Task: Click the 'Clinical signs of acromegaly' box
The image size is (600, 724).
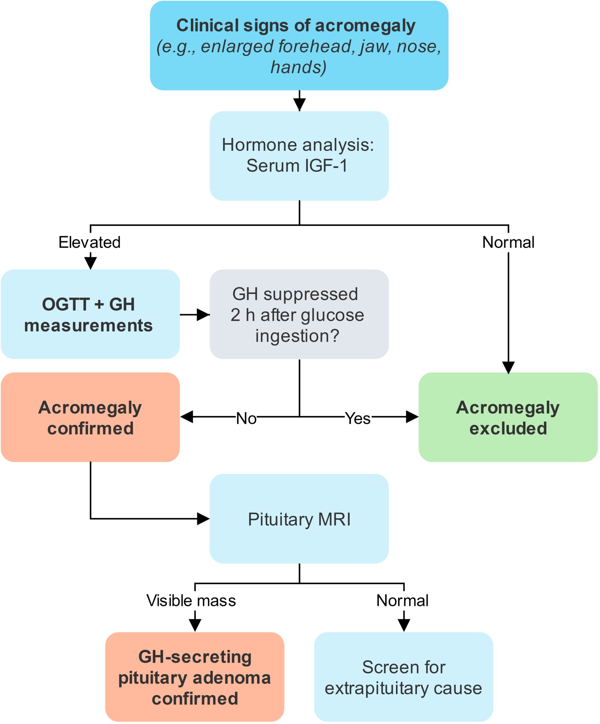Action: point(299,46)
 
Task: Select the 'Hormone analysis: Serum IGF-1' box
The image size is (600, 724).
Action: point(299,156)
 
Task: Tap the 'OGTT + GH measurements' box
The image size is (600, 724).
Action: point(90,314)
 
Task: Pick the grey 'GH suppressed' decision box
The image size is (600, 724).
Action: point(299,314)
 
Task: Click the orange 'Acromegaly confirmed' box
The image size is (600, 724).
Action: point(90,417)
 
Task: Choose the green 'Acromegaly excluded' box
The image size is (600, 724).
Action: point(508,417)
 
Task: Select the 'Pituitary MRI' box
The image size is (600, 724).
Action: point(299,519)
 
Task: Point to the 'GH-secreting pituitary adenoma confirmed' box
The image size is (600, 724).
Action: point(195,677)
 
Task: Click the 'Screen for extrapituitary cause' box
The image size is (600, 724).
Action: point(404,677)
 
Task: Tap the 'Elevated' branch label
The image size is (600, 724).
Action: point(89,242)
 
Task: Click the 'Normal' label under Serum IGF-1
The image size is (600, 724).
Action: point(508,242)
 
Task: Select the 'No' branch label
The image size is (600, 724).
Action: point(246,418)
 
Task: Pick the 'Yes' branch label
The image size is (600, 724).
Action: point(358,418)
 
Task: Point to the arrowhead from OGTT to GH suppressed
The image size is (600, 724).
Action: point(203,315)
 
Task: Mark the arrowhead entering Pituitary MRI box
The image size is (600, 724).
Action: point(203,519)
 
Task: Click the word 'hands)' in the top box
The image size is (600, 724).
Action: point(299,67)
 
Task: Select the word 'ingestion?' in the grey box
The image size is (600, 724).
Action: point(297,336)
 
